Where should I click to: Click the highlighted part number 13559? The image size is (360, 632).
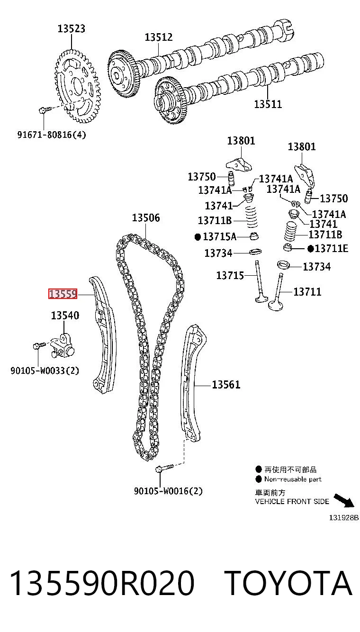point(63,294)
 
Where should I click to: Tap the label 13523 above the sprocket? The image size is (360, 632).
point(72,28)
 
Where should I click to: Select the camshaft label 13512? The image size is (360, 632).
point(159,37)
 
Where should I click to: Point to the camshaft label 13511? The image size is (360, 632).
point(268,104)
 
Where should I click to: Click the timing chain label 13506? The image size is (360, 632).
point(146,217)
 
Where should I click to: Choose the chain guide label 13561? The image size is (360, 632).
point(226,384)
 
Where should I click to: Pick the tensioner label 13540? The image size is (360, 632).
point(65,315)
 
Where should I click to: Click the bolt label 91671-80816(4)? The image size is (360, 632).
point(52,135)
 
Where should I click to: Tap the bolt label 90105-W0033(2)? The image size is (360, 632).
point(45,370)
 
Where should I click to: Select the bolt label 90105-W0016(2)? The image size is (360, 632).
point(169,491)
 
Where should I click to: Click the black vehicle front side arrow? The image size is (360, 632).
point(344,501)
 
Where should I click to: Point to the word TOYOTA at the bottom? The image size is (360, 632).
point(289,583)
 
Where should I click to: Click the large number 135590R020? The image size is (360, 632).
point(102,583)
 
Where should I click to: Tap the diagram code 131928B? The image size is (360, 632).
point(344,518)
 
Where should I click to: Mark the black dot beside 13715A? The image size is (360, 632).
point(198,237)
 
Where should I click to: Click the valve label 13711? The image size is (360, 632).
point(307,291)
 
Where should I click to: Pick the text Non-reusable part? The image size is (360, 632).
point(293,479)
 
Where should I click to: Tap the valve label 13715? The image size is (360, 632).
point(230,275)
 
